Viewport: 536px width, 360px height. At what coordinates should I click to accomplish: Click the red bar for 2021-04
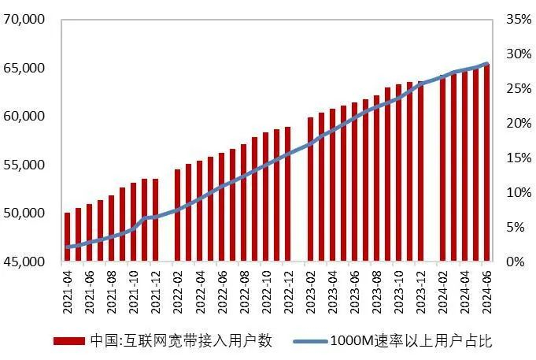[67, 236]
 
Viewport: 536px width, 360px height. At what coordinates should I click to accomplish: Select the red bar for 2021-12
[155, 220]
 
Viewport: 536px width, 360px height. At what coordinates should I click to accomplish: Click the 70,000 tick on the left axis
[24, 19]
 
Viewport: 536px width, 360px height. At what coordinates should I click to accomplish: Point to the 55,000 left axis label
[24, 165]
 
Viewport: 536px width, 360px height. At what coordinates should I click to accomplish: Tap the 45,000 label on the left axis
[24, 262]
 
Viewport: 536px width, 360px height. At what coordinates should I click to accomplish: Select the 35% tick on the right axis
[515, 19]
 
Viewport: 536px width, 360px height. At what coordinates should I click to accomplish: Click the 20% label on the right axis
[515, 123]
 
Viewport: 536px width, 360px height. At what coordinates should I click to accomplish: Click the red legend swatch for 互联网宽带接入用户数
[68, 341]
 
